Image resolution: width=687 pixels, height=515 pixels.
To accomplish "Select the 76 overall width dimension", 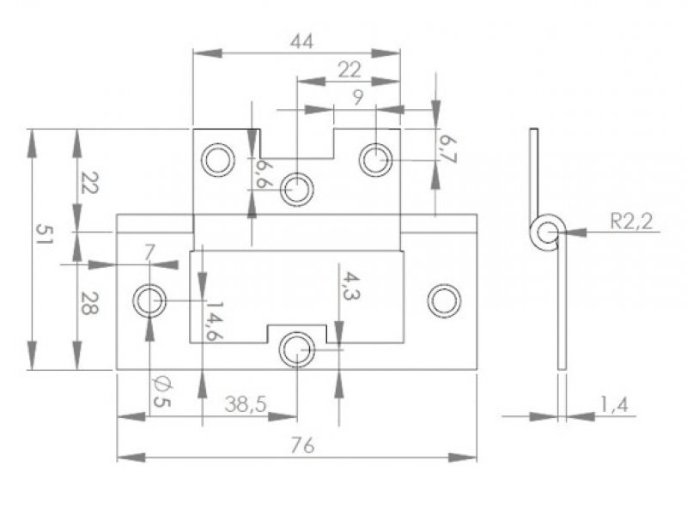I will (298, 445).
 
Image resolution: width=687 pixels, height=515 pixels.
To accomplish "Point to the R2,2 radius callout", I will (633, 221).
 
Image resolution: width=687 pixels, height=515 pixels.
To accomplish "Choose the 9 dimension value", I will (357, 97).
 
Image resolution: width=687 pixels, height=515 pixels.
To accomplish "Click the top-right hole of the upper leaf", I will (376, 159).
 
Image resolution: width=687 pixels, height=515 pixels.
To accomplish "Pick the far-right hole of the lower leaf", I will (444, 301).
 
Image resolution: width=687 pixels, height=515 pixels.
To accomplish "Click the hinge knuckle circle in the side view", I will (546, 233).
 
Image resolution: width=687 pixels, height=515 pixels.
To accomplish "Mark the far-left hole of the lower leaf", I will (150, 301).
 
